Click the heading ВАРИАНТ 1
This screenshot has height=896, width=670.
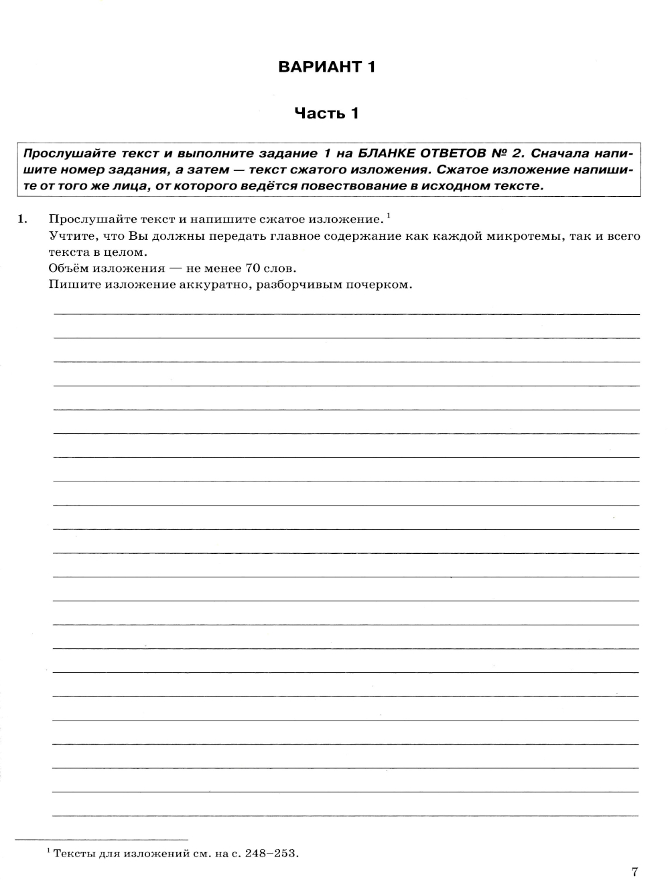click(x=327, y=67)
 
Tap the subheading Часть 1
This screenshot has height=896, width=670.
click(x=327, y=113)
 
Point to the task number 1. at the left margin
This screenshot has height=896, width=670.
click(x=22, y=218)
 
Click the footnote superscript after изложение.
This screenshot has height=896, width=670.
click(x=389, y=214)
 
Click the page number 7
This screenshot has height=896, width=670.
click(x=634, y=871)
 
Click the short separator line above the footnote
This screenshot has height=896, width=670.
click(x=101, y=839)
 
